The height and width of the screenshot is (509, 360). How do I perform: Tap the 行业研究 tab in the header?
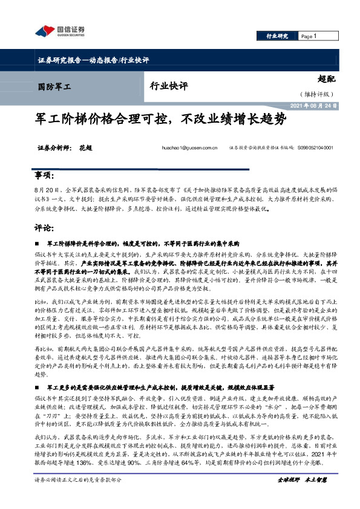[x=278, y=36]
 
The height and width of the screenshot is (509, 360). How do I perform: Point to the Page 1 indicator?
[x=310, y=36]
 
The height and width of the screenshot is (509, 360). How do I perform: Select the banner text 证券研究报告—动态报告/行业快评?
[x=93, y=60]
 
